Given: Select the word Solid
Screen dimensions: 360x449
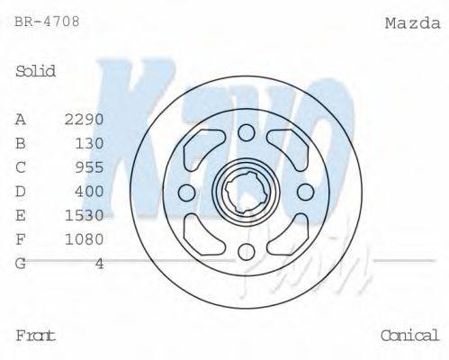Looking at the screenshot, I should click(36, 71).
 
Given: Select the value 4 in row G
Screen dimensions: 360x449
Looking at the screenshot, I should click(99, 264).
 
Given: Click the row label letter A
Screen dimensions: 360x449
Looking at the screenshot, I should click(21, 119).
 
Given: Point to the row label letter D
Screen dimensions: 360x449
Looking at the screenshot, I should click(21, 192).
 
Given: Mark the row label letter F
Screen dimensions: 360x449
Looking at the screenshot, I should click(21, 239).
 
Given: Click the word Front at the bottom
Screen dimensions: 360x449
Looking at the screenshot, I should click(36, 336).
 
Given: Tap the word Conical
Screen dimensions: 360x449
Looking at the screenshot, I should click(409, 336).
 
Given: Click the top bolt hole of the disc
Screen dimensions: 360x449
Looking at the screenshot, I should click(247, 134).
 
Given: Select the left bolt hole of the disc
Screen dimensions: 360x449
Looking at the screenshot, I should click(187, 192).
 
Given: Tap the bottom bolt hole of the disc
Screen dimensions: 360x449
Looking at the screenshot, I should click(247, 251).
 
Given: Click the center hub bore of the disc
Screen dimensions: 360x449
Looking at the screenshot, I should click(247, 192).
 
